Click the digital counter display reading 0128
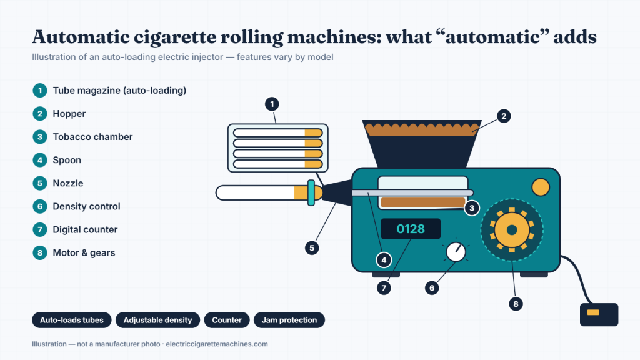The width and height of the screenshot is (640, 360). tap(411, 229)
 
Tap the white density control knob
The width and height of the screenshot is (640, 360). tap(456, 252)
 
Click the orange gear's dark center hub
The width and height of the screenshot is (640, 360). tap(512, 230)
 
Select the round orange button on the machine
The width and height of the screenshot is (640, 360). tap(541, 187)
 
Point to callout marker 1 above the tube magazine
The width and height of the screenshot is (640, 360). tap(272, 104)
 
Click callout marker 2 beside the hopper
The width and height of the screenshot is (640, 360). tap(504, 116)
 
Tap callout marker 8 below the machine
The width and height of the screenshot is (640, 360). tap(516, 304)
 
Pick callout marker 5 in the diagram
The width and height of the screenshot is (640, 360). tap(312, 247)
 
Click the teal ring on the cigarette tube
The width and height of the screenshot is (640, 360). tap(311, 192)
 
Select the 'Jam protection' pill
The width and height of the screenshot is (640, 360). tap(289, 320)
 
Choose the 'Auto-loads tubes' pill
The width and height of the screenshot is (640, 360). tap(72, 320)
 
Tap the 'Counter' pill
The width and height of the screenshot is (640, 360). tap(227, 320)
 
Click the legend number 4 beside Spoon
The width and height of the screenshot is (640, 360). tap(40, 160)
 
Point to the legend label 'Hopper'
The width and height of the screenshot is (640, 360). tap(69, 114)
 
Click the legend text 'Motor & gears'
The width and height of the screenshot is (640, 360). tap(84, 253)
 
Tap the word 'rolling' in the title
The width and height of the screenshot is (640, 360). tap(252, 37)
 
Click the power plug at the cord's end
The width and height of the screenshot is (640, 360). tap(599, 314)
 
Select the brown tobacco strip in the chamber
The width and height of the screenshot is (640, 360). tap(423, 202)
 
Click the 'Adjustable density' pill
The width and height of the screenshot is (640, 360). tap(158, 320)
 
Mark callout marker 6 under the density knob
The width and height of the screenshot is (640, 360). tap(432, 287)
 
